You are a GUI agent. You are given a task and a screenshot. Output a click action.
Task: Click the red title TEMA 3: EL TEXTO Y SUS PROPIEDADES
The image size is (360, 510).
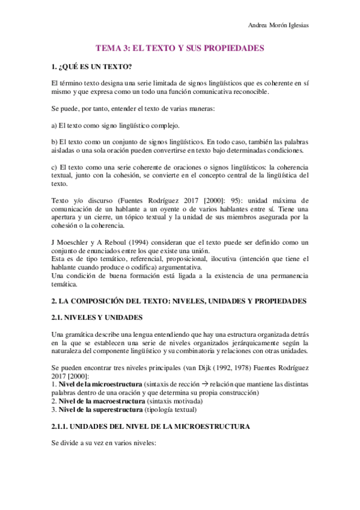pyautogui.click(x=180, y=47)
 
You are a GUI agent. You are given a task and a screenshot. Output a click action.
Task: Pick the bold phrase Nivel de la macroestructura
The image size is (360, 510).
pyautogui.click(x=94, y=401)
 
